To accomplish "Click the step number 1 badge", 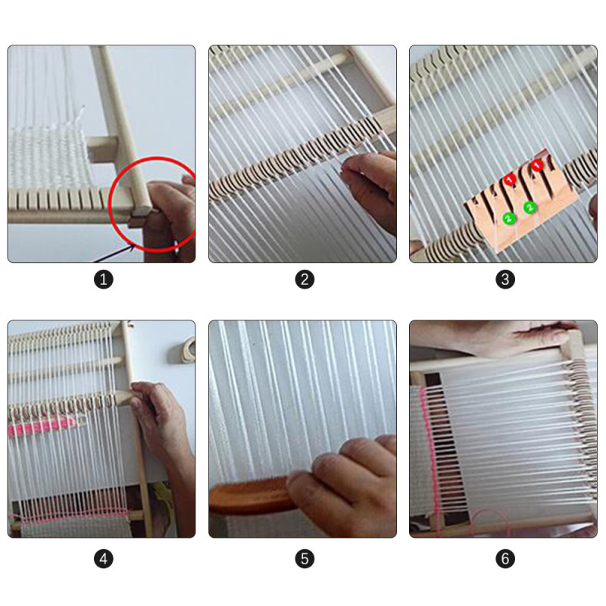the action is pos(104,280).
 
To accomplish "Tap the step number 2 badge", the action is pos(305,280).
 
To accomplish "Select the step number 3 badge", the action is pos(505,280).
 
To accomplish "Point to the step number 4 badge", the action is pos(104,559).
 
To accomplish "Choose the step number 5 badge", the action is pos(305,559).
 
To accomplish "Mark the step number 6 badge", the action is pos(505,559).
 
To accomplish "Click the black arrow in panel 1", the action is pos(115,254).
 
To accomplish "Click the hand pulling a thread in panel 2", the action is pos(369,189).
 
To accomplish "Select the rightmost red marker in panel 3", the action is pos(537,165).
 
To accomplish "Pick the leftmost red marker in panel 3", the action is pos(510,180).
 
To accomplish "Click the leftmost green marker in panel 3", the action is pos(509,219).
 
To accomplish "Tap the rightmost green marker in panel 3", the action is pos(529,208).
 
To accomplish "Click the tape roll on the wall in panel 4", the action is pos(186,350).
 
